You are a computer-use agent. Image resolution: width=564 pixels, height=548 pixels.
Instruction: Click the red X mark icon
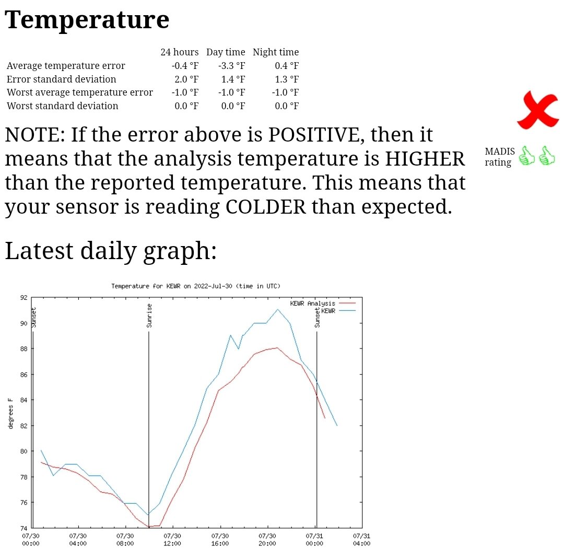pos(537,110)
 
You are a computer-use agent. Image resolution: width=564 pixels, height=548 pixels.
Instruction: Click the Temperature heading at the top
pos(87,20)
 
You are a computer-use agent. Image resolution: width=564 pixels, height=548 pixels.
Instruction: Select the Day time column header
pos(226,52)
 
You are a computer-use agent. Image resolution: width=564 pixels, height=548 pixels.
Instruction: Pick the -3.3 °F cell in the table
pos(231,65)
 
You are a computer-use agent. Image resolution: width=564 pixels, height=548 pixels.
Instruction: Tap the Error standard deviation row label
pos(61,79)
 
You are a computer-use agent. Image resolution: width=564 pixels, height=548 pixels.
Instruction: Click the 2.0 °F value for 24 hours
pos(186,79)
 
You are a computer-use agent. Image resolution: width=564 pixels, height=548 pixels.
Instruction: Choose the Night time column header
pos(276,52)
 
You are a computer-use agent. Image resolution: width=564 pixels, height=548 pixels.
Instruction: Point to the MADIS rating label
pos(500,157)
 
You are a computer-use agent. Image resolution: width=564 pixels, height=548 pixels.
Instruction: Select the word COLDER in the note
pos(265,207)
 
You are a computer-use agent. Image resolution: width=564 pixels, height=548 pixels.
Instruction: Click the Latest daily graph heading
pos(111,251)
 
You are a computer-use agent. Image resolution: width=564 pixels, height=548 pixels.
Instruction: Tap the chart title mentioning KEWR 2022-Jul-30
pos(195,286)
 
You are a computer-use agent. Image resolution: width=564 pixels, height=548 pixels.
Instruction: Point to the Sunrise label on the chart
pos(149,316)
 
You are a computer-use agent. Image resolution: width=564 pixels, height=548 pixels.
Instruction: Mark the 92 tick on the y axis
pos(23,298)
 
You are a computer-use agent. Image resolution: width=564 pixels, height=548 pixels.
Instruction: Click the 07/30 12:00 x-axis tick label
pos(172,540)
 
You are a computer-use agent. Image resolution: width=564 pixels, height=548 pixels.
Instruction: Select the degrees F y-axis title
pos(10,413)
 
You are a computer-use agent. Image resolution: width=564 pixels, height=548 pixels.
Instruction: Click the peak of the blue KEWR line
pos(277,309)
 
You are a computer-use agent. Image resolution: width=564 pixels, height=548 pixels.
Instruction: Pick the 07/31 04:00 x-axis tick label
pos(361,540)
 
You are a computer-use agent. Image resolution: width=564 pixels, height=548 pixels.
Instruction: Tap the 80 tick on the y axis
pos(23,451)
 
